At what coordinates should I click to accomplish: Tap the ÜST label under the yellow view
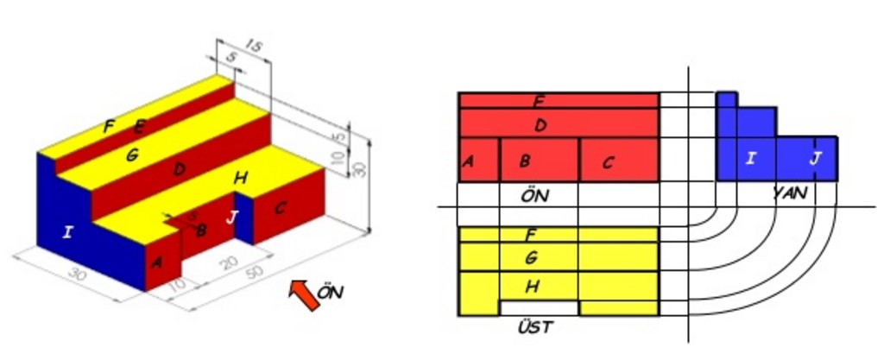click(535, 327)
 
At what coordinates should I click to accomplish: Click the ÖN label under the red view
click(535, 195)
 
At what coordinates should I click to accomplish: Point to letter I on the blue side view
click(750, 158)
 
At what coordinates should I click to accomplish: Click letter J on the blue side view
click(816, 158)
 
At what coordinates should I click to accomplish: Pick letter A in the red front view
click(468, 161)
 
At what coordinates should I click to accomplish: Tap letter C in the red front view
click(608, 161)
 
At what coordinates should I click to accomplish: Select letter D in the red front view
click(540, 125)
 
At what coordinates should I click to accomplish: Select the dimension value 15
click(253, 45)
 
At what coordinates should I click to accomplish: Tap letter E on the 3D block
click(138, 128)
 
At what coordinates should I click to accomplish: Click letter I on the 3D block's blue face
click(67, 231)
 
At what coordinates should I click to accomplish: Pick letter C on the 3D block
click(280, 208)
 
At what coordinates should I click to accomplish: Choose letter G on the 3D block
click(131, 155)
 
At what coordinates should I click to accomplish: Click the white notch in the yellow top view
click(539, 307)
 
